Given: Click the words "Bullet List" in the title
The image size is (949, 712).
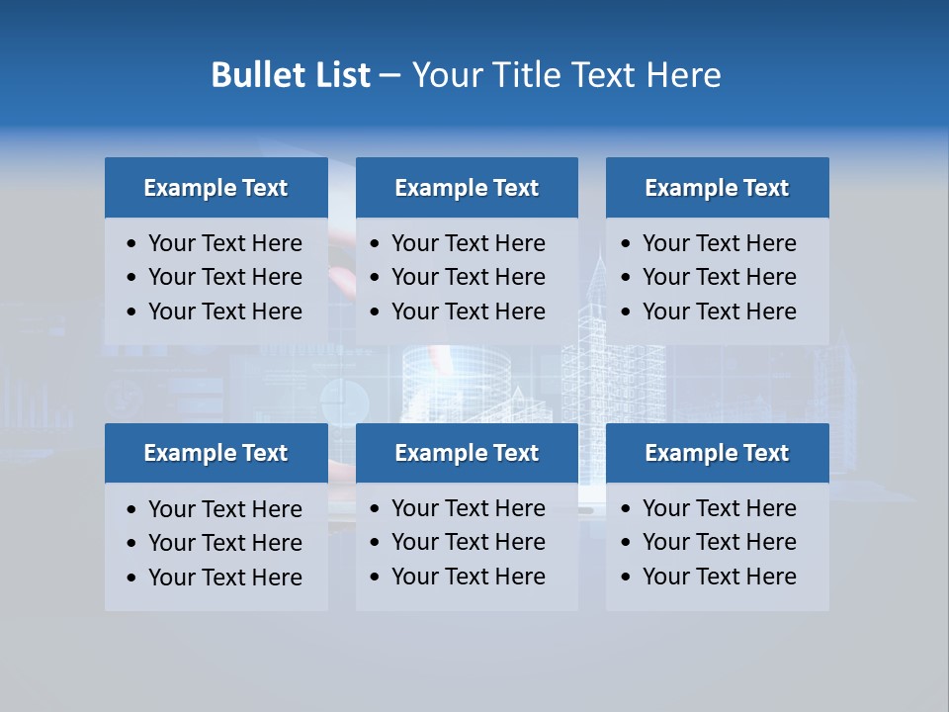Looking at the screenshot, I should pyautogui.click(x=291, y=75).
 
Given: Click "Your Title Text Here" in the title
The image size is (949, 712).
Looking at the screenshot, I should pyautogui.click(x=565, y=75).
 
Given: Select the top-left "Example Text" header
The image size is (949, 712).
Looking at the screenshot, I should pyautogui.click(x=216, y=188).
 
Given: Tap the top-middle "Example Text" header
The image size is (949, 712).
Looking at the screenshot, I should pyautogui.click(x=467, y=188).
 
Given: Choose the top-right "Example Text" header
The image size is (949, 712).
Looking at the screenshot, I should pyautogui.click(x=717, y=188).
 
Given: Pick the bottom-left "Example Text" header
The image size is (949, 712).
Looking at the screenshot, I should pyautogui.click(x=216, y=453).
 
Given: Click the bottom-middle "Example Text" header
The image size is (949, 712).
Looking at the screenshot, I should pyautogui.click(x=467, y=453).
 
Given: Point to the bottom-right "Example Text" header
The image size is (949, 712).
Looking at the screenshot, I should pyautogui.click(x=717, y=453).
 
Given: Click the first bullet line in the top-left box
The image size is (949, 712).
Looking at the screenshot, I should pyautogui.click(x=225, y=243).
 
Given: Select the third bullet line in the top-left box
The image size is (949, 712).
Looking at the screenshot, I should pyautogui.click(x=225, y=311).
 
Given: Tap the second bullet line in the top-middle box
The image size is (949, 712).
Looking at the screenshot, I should pyautogui.click(x=469, y=277).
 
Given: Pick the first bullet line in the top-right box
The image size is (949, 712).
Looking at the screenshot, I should pyautogui.click(x=720, y=243).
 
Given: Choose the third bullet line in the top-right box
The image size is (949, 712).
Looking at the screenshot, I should pyautogui.click(x=720, y=311).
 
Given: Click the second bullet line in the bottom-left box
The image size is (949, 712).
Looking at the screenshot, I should pyautogui.click(x=225, y=543).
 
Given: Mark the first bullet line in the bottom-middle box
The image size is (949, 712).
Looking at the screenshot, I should pyautogui.click(x=469, y=508).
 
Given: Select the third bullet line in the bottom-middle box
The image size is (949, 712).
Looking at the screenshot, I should pyautogui.click(x=469, y=577).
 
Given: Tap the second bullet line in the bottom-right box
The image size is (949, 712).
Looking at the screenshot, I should pyautogui.click(x=720, y=542).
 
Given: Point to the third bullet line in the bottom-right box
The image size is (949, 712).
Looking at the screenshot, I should pyautogui.click(x=720, y=577).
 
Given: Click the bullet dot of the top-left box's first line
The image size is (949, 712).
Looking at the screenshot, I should pyautogui.click(x=132, y=244).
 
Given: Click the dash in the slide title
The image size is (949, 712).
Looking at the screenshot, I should pyautogui.click(x=390, y=75).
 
